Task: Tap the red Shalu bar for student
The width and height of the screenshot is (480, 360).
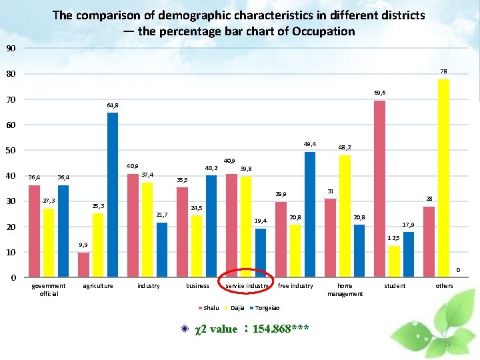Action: [x=379, y=189]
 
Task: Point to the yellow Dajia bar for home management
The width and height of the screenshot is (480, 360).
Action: [x=345, y=216]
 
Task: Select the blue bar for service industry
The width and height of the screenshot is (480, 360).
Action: [x=261, y=253]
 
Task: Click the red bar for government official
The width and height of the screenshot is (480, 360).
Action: [x=34, y=231]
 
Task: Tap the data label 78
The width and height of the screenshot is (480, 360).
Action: [x=443, y=71]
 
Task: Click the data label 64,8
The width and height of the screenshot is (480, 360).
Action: [x=113, y=105]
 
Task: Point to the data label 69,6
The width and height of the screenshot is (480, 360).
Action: [x=379, y=93]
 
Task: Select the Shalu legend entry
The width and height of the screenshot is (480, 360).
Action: [x=208, y=307]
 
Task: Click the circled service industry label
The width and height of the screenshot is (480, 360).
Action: [x=246, y=286]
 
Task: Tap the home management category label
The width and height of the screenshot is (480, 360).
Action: [x=345, y=289]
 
